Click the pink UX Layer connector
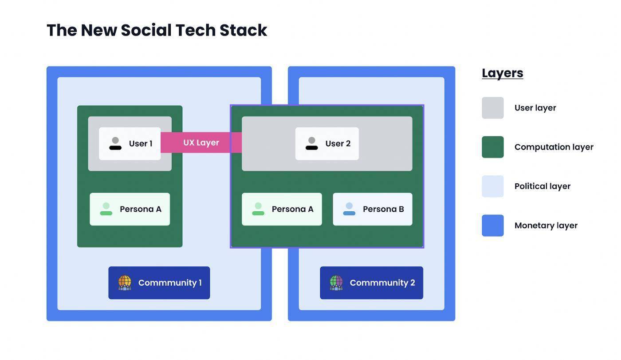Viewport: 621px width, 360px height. pos(201,142)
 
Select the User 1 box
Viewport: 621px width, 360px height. pos(130,143)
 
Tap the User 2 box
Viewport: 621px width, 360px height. pos(327,143)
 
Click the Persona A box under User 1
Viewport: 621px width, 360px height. pos(130,209)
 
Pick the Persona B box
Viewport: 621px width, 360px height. pos(373,209)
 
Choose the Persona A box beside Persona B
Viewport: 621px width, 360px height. pos(282,209)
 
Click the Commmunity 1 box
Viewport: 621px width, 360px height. pos(159,283)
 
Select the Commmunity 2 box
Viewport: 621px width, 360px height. pos(371,283)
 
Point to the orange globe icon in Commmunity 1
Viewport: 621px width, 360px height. pos(125,282)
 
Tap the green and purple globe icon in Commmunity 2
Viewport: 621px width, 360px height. pos(336,282)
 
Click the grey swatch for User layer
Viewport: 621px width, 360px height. pos(493,108)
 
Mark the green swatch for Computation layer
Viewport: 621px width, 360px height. pos(493,147)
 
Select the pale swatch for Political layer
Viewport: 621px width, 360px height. pos(493,186)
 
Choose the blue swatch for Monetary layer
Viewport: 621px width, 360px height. pos(493,225)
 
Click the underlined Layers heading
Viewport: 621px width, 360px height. pos(503,73)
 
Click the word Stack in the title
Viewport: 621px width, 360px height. pos(243,30)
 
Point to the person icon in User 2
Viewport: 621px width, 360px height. pos(312,143)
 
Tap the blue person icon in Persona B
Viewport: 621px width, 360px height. pos(349,209)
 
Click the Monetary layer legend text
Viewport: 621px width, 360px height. pos(546,225)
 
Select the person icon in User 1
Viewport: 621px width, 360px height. pos(115,143)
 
